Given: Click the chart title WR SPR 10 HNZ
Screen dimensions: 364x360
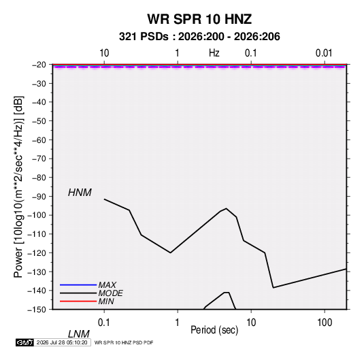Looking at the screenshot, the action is tap(199, 19).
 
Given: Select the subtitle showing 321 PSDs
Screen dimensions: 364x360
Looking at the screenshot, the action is tap(199, 37).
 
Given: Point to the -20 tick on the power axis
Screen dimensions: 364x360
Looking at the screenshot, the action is tap(39, 65).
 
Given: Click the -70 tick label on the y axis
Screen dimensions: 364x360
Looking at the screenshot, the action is tap(39, 159).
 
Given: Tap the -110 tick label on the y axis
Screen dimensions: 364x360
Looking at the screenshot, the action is tap(37, 234).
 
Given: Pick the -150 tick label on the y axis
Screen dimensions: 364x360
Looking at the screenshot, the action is tap(37, 310).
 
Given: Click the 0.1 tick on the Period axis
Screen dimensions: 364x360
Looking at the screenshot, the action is tap(104, 323).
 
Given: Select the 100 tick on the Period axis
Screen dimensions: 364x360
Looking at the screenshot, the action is tap(325, 323).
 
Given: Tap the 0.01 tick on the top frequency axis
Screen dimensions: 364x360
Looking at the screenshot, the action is tap(324, 53).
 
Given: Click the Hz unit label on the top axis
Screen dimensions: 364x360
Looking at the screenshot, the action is tap(214, 53).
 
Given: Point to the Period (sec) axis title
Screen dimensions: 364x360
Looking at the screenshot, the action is tap(214, 330).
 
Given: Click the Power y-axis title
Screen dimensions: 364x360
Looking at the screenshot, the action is tap(18, 186).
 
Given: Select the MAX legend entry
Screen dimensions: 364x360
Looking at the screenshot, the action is tap(107, 285).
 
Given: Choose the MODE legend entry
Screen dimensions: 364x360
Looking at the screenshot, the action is tap(110, 293).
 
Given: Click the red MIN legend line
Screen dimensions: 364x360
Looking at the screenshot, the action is tap(78, 301).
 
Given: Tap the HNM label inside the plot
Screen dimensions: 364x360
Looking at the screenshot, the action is tap(80, 193).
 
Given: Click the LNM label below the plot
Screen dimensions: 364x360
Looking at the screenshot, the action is tap(78, 334).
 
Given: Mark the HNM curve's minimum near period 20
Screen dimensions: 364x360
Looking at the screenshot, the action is tap(274, 288).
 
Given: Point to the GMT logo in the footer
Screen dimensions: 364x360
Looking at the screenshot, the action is tap(24, 342).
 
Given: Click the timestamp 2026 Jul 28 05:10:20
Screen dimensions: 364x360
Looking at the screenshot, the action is tap(62, 342).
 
